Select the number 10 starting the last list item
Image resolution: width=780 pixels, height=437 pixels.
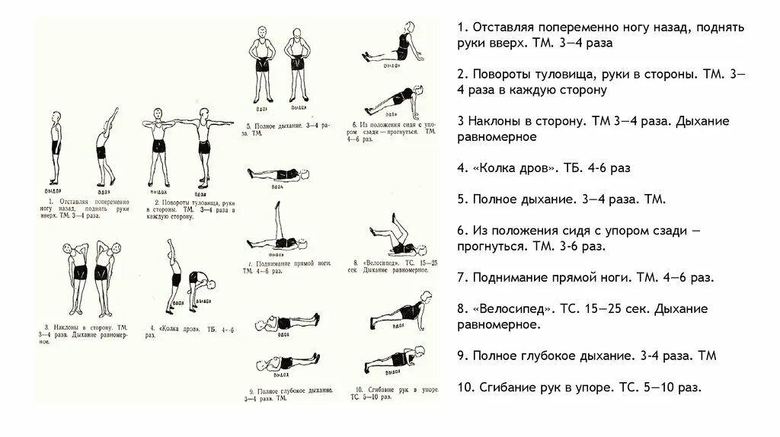465,387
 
